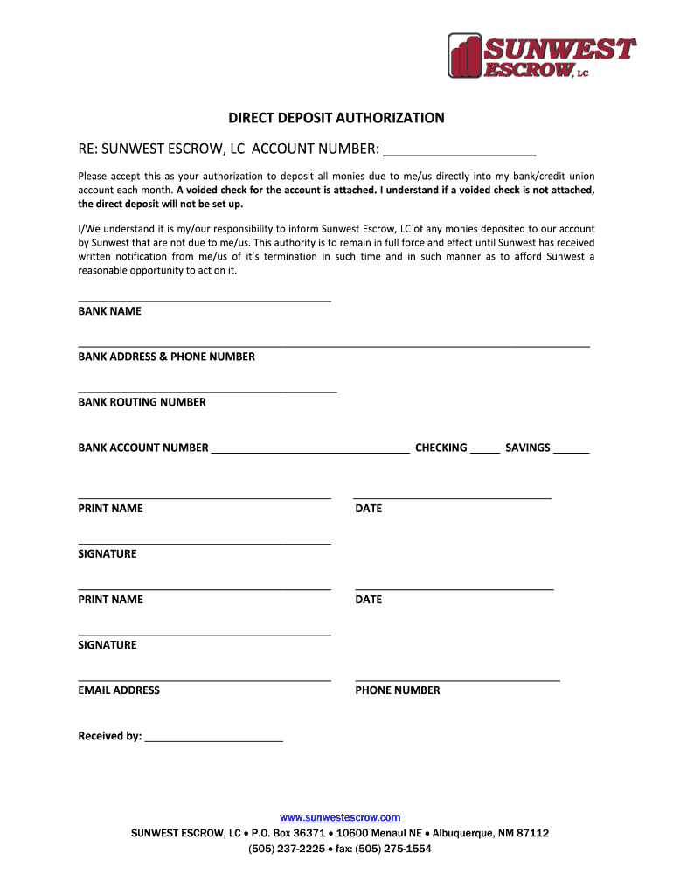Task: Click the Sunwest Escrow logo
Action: click(x=541, y=56)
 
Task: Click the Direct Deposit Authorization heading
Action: click(x=336, y=118)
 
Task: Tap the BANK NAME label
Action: click(x=109, y=311)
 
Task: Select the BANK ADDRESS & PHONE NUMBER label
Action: click(x=166, y=357)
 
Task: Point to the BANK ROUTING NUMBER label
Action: click(x=142, y=402)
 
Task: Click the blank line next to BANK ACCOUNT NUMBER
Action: click(x=310, y=451)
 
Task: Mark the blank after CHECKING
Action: click(x=485, y=451)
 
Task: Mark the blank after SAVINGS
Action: click(x=572, y=451)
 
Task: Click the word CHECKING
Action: click(x=441, y=447)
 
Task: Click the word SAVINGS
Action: click(x=528, y=447)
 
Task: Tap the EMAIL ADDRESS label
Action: click(x=119, y=690)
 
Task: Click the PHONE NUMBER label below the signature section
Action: click(x=398, y=690)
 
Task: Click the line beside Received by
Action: click(x=214, y=739)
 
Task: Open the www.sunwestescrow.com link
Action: click(x=340, y=817)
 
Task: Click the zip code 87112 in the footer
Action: click(x=532, y=833)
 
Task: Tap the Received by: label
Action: click(x=110, y=736)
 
